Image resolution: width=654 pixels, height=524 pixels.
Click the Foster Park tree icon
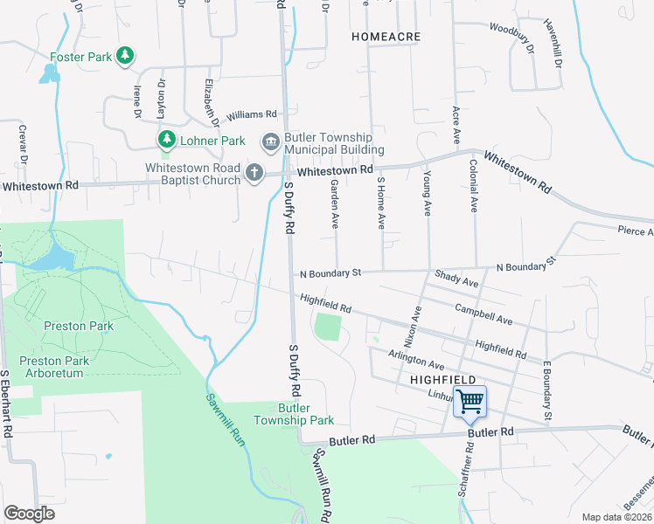coord(125,57)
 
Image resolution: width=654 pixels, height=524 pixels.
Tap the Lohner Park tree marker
coord(166,140)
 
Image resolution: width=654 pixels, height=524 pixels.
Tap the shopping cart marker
coord(470,402)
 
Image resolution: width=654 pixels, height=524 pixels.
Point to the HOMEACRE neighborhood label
coord(386,38)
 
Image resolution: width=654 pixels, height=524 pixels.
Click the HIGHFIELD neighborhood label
coord(442,381)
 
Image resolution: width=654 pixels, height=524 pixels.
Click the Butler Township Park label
coord(294,414)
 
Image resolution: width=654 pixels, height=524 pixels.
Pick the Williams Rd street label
coord(251,114)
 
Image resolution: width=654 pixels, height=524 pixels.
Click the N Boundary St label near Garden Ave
coord(330,273)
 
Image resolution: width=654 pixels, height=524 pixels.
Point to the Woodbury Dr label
coord(511,39)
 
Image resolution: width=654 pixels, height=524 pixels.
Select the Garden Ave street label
coord(334,204)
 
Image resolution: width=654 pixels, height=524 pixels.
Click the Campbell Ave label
coord(484,314)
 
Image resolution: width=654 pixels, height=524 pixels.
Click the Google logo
coord(29,514)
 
